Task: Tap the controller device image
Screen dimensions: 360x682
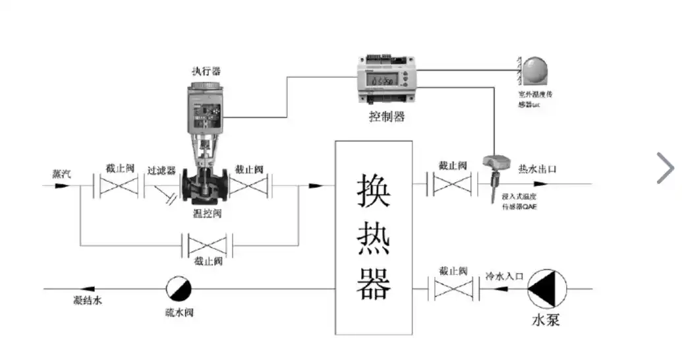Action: point(387,80)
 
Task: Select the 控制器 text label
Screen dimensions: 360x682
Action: point(387,117)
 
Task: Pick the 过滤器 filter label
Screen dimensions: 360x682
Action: point(161,170)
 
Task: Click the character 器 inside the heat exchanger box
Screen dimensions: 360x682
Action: point(374,284)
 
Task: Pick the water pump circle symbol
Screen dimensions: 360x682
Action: point(546,288)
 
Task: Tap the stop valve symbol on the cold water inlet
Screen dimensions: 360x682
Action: point(453,289)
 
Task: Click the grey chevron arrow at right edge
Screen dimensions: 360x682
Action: point(666,167)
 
